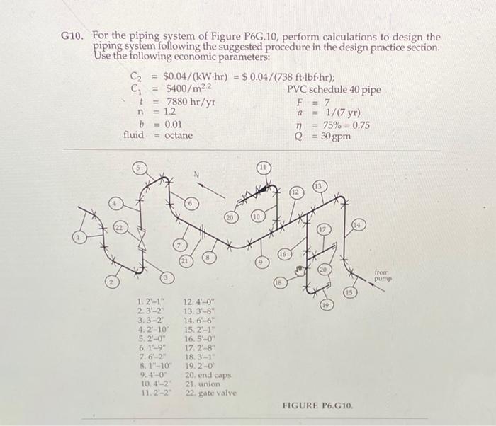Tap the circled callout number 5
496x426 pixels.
point(141,169)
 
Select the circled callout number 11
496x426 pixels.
point(264,168)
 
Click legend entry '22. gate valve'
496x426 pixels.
point(210,393)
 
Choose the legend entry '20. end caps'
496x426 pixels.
point(208,374)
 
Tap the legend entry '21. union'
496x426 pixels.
point(203,384)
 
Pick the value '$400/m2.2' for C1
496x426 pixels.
point(187,89)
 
